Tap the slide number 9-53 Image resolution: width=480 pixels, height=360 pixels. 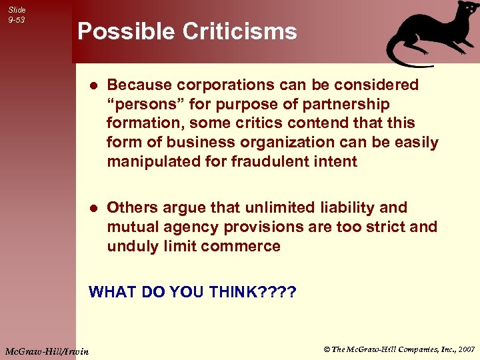tap(17, 20)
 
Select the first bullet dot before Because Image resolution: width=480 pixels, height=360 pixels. tap(93, 86)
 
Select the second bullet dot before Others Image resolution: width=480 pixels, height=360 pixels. tap(93, 209)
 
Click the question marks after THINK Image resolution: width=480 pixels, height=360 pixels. tap(278, 292)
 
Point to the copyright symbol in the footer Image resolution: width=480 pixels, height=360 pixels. tap(327, 349)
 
